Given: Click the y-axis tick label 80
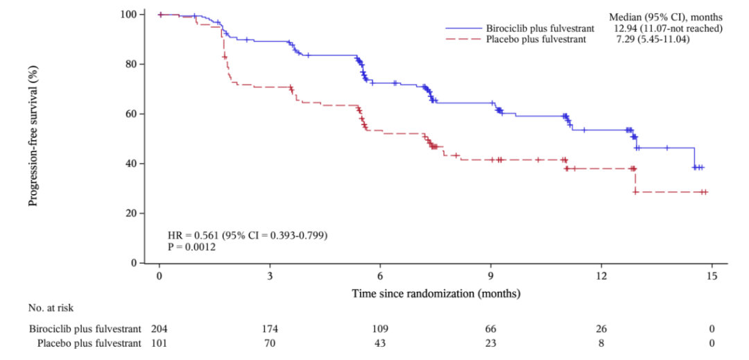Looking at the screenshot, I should click(130, 64).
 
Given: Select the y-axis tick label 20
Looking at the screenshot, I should click(130, 214).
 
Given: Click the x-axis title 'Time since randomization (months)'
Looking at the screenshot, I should click(436, 293).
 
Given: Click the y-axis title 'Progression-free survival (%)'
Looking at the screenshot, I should click(33, 139).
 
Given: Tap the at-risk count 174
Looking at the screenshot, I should click(270, 328).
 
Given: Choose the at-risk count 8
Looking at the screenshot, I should click(601, 342).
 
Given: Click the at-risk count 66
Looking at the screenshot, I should click(491, 328).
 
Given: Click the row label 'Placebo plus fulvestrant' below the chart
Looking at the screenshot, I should click(88, 342).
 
